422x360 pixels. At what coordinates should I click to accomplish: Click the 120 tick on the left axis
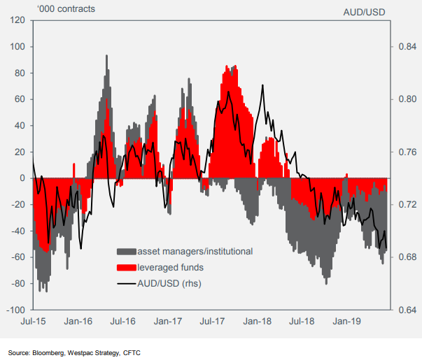pos(15,20)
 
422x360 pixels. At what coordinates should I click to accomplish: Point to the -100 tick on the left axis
pos(14,309)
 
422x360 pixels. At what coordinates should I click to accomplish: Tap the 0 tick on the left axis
pos(22,178)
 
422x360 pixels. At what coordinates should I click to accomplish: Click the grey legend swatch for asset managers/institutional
pos(126,250)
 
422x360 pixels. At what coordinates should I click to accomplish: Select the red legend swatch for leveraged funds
pos(126,267)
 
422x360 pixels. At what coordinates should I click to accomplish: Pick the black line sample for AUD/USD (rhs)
pos(126,283)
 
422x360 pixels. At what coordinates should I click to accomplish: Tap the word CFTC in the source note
pos(132,352)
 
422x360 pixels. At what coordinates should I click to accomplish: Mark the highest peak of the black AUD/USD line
pos(262,85)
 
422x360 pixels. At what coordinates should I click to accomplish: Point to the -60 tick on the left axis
pos(17,257)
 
